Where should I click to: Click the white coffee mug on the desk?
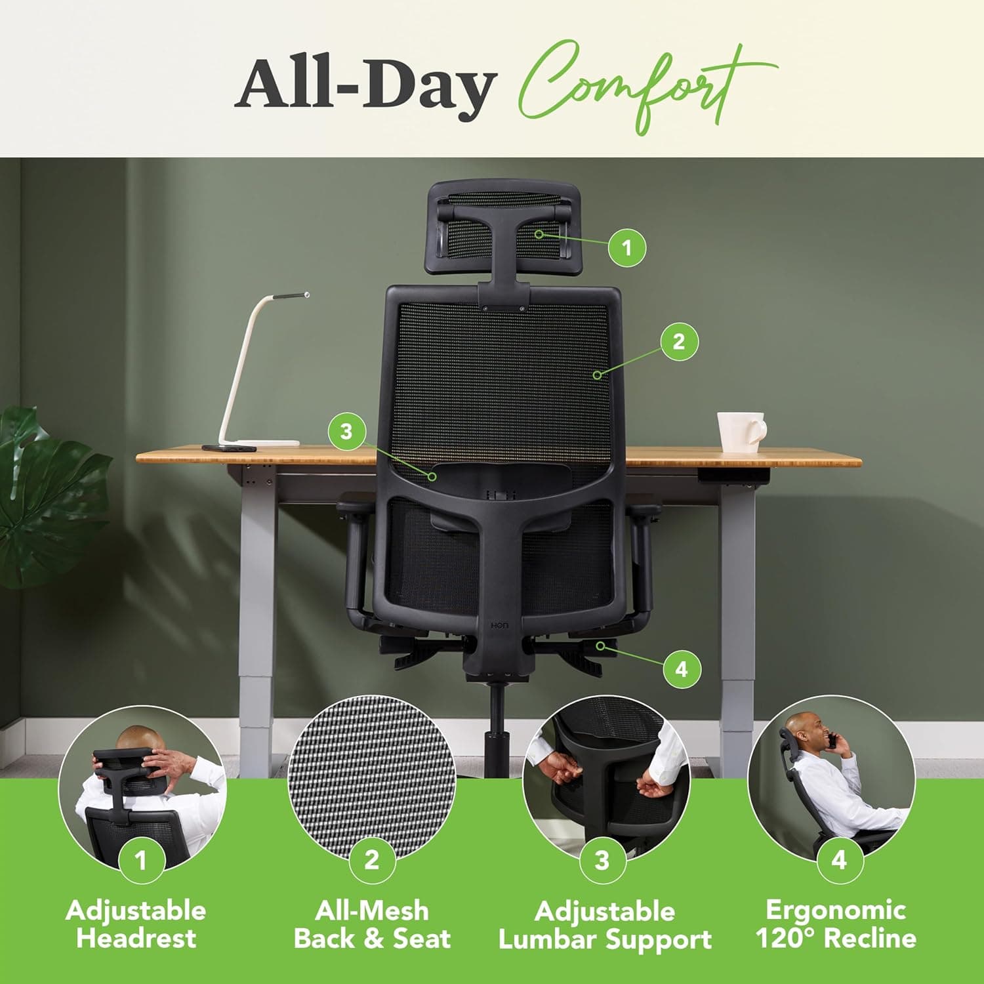739,431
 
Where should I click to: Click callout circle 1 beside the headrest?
626,247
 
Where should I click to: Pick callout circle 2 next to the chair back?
678,341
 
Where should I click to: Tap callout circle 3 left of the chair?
346,431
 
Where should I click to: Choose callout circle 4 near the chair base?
682,669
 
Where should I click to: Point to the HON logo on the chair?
499,626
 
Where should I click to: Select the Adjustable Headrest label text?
136,924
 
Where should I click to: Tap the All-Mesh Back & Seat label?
372,924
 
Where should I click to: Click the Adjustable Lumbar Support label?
605,925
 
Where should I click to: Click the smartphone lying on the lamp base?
228,449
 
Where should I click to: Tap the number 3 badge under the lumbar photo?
602,860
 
